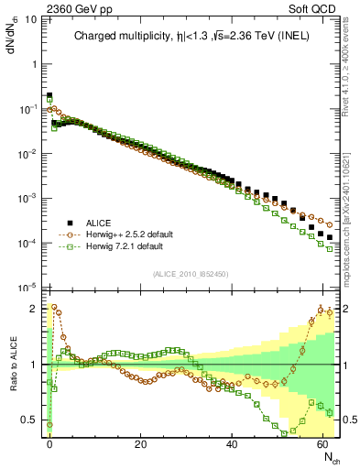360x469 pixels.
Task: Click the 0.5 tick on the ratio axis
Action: coord(29,420)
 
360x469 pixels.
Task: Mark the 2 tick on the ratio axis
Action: coord(33,309)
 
